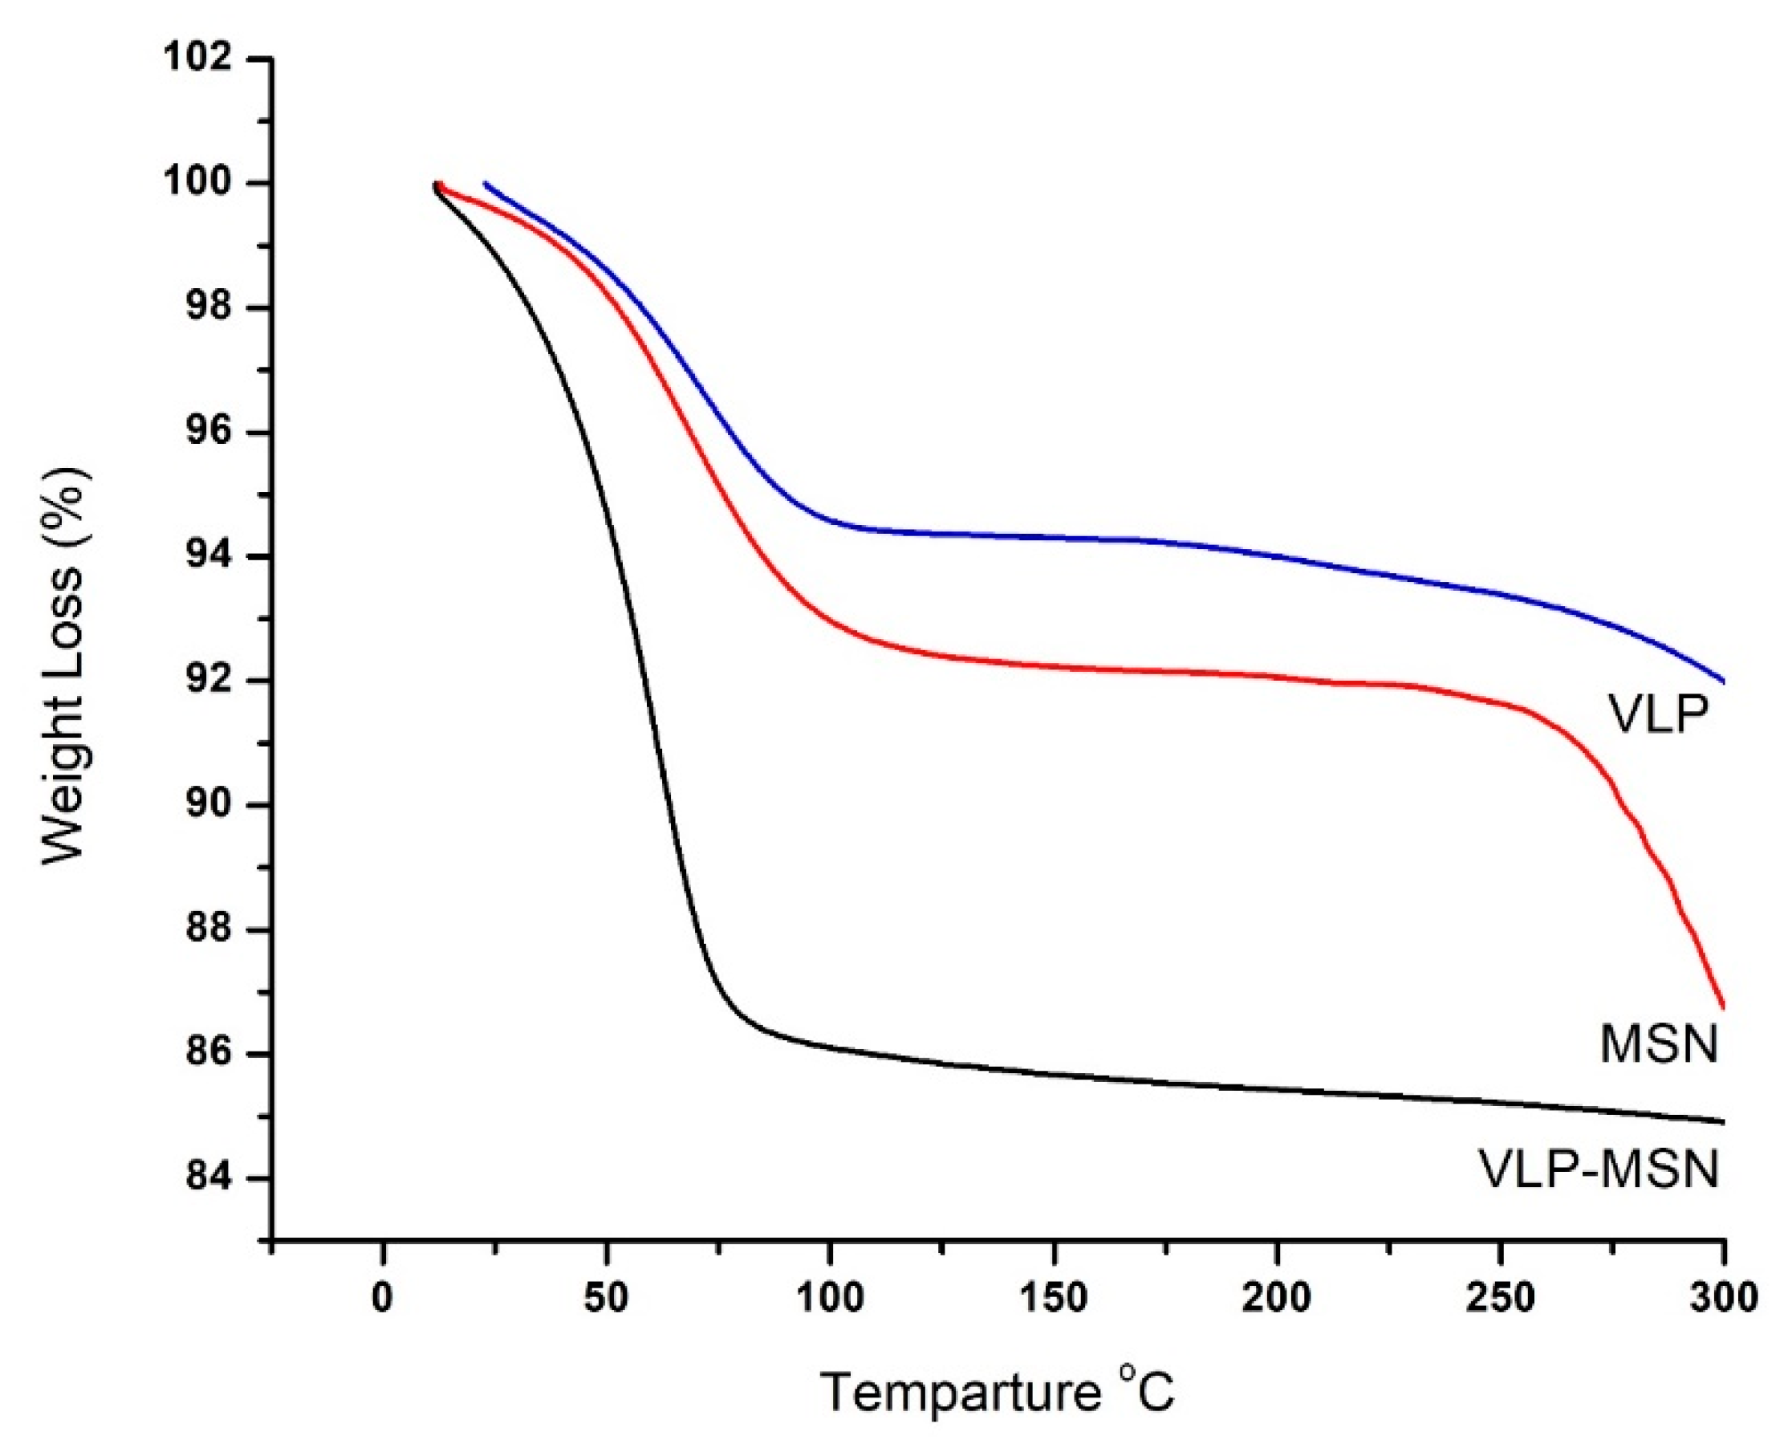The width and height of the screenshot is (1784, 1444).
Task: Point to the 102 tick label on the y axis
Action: [197, 59]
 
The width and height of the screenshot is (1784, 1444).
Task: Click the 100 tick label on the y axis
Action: [197, 183]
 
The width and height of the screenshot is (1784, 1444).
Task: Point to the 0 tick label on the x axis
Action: [382, 1299]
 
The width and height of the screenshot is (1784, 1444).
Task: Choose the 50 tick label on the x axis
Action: [605, 1299]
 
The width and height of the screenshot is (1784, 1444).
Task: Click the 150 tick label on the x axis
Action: [1053, 1299]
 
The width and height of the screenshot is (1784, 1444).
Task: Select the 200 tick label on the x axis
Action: [1276, 1299]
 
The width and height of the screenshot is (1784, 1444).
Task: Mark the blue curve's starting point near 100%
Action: [486, 184]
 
